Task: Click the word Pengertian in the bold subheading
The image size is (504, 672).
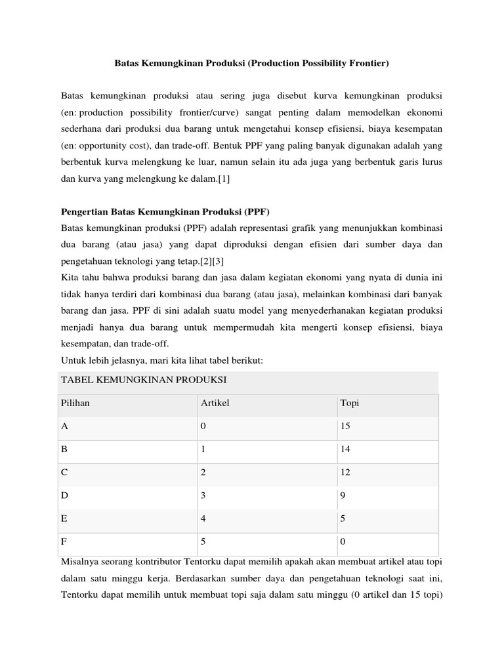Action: tap(83, 212)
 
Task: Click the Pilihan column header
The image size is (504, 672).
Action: tap(75, 403)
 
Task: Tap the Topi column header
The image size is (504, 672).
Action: tap(349, 403)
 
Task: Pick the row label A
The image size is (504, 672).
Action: tap(64, 427)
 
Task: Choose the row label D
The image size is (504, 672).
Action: tap(64, 495)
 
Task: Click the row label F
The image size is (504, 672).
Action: tap(64, 542)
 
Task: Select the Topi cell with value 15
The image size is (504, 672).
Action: tap(345, 427)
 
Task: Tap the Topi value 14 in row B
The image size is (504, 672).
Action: tap(345, 450)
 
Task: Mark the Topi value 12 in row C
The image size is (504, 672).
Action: tap(345, 472)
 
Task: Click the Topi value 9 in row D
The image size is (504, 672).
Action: tap(343, 495)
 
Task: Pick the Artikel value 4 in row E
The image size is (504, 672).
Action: tap(203, 519)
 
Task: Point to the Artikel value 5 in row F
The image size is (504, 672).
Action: tap(203, 542)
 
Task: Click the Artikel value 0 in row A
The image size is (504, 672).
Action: tap(203, 427)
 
